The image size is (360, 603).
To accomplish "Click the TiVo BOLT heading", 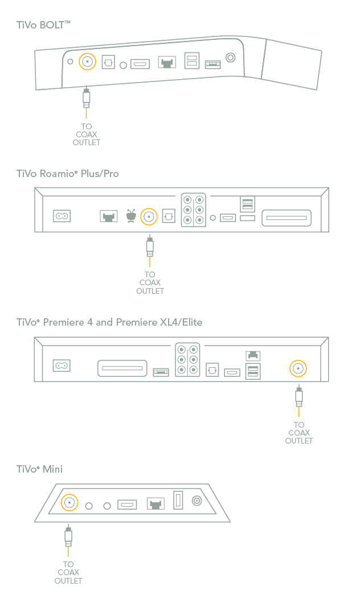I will [x=43, y=24].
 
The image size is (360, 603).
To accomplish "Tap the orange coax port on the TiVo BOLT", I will [x=87, y=61].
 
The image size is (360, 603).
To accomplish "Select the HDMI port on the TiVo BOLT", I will [x=140, y=64].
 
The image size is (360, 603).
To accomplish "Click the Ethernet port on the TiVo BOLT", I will [x=167, y=62].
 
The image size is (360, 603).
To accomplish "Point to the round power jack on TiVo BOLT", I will [x=231, y=58].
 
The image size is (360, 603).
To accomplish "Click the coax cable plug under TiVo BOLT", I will [x=86, y=98].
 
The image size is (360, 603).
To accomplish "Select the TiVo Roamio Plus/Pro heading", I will [x=67, y=173].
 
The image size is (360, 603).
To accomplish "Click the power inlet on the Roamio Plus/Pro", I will [x=62, y=216].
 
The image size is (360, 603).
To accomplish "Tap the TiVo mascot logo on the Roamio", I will [x=131, y=216].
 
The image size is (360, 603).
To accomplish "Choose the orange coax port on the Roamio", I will [x=149, y=216].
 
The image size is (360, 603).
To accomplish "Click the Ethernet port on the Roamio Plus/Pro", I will [x=108, y=216].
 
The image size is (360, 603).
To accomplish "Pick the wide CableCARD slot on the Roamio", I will [x=286, y=217].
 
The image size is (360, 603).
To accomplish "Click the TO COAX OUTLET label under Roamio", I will [x=150, y=283].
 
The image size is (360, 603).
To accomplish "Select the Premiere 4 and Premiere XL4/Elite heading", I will [x=109, y=322].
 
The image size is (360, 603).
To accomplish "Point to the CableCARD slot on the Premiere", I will [x=122, y=368].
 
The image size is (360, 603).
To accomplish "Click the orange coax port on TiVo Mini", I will [x=69, y=503].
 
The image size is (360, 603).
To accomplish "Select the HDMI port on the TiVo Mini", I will [x=127, y=504].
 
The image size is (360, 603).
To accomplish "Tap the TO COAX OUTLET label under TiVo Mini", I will [x=68, y=573].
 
